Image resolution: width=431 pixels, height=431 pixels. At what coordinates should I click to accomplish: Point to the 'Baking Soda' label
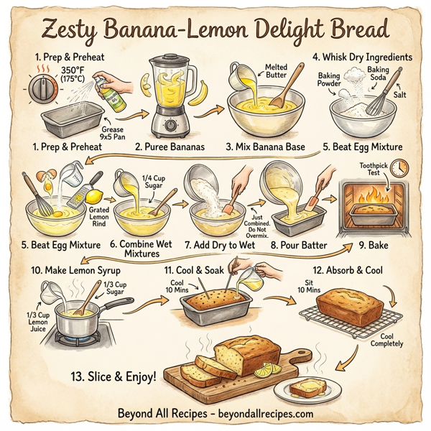pos(378,74)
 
